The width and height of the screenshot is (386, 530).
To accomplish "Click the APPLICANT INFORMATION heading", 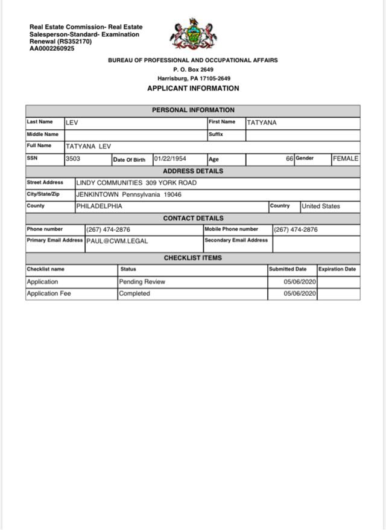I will point(193,88).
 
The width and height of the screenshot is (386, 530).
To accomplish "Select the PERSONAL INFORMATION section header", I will point(193,110).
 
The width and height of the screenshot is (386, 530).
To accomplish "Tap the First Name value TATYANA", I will point(262,123).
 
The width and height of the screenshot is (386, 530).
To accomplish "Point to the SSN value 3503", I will point(73,159).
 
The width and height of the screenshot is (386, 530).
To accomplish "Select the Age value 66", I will point(289,159).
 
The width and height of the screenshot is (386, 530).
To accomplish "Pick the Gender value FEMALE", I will point(346,159).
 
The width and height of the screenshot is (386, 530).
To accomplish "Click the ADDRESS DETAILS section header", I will point(193,171).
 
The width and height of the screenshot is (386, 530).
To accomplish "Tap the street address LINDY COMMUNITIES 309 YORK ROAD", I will point(136,183).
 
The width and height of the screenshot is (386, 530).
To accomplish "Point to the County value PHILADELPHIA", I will point(99,206).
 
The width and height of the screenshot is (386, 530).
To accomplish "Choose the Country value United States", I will point(321,206).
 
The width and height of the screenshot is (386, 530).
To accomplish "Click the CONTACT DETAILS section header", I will point(193,219).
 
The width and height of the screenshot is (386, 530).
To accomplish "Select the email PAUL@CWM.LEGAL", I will point(117,241).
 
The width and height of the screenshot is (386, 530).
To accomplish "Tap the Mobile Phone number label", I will point(231,229).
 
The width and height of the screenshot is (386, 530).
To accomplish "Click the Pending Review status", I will point(142,282).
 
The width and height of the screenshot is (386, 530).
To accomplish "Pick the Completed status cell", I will point(134,294).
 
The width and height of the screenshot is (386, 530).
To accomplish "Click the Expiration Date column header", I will point(337,269).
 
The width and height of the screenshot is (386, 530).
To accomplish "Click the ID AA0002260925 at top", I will point(52,49).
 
